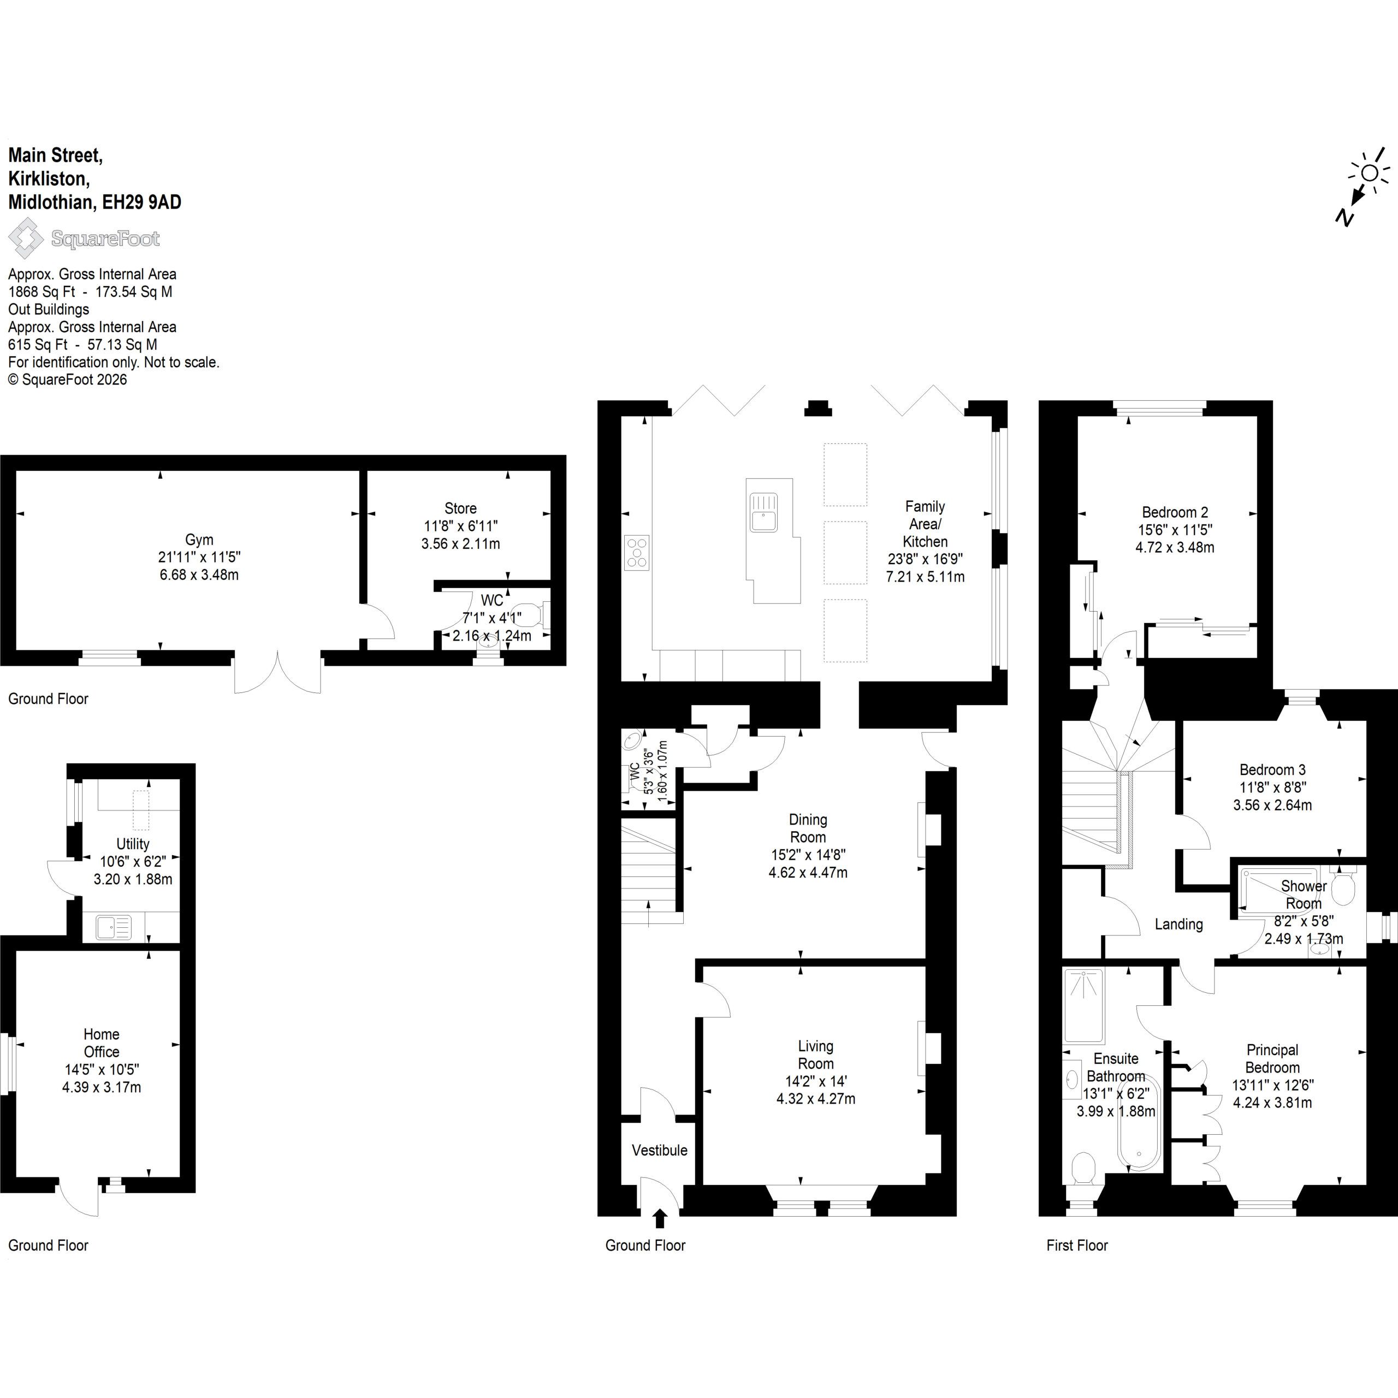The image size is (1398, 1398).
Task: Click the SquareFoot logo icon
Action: (25, 238)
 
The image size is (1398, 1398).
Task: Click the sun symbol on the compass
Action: (1369, 173)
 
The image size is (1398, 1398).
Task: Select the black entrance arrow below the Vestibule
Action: (659, 1219)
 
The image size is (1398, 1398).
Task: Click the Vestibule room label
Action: (659, 1151)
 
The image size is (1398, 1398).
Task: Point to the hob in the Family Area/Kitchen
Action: (637, 553)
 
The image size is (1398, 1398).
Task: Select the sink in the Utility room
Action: (113, 927)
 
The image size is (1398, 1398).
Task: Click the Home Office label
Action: (102, 1044)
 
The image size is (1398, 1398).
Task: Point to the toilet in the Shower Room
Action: (1343, 888)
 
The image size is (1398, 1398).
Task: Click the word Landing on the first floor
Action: (1179, 924)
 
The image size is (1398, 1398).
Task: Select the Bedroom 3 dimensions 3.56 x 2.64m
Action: (1272, 804)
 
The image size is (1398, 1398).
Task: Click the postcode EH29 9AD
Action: (142, 202)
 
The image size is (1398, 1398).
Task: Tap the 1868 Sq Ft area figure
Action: (38, 292)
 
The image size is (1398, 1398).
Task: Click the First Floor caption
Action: (1077, 1245)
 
